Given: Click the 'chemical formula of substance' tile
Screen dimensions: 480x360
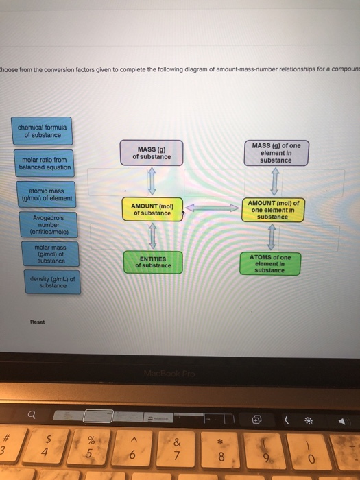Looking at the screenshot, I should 42,131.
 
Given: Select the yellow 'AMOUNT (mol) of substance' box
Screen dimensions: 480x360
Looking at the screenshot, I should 152,209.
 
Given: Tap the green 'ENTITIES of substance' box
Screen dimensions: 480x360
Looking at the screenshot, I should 153,262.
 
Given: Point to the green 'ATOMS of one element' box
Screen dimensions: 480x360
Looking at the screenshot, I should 271,263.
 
